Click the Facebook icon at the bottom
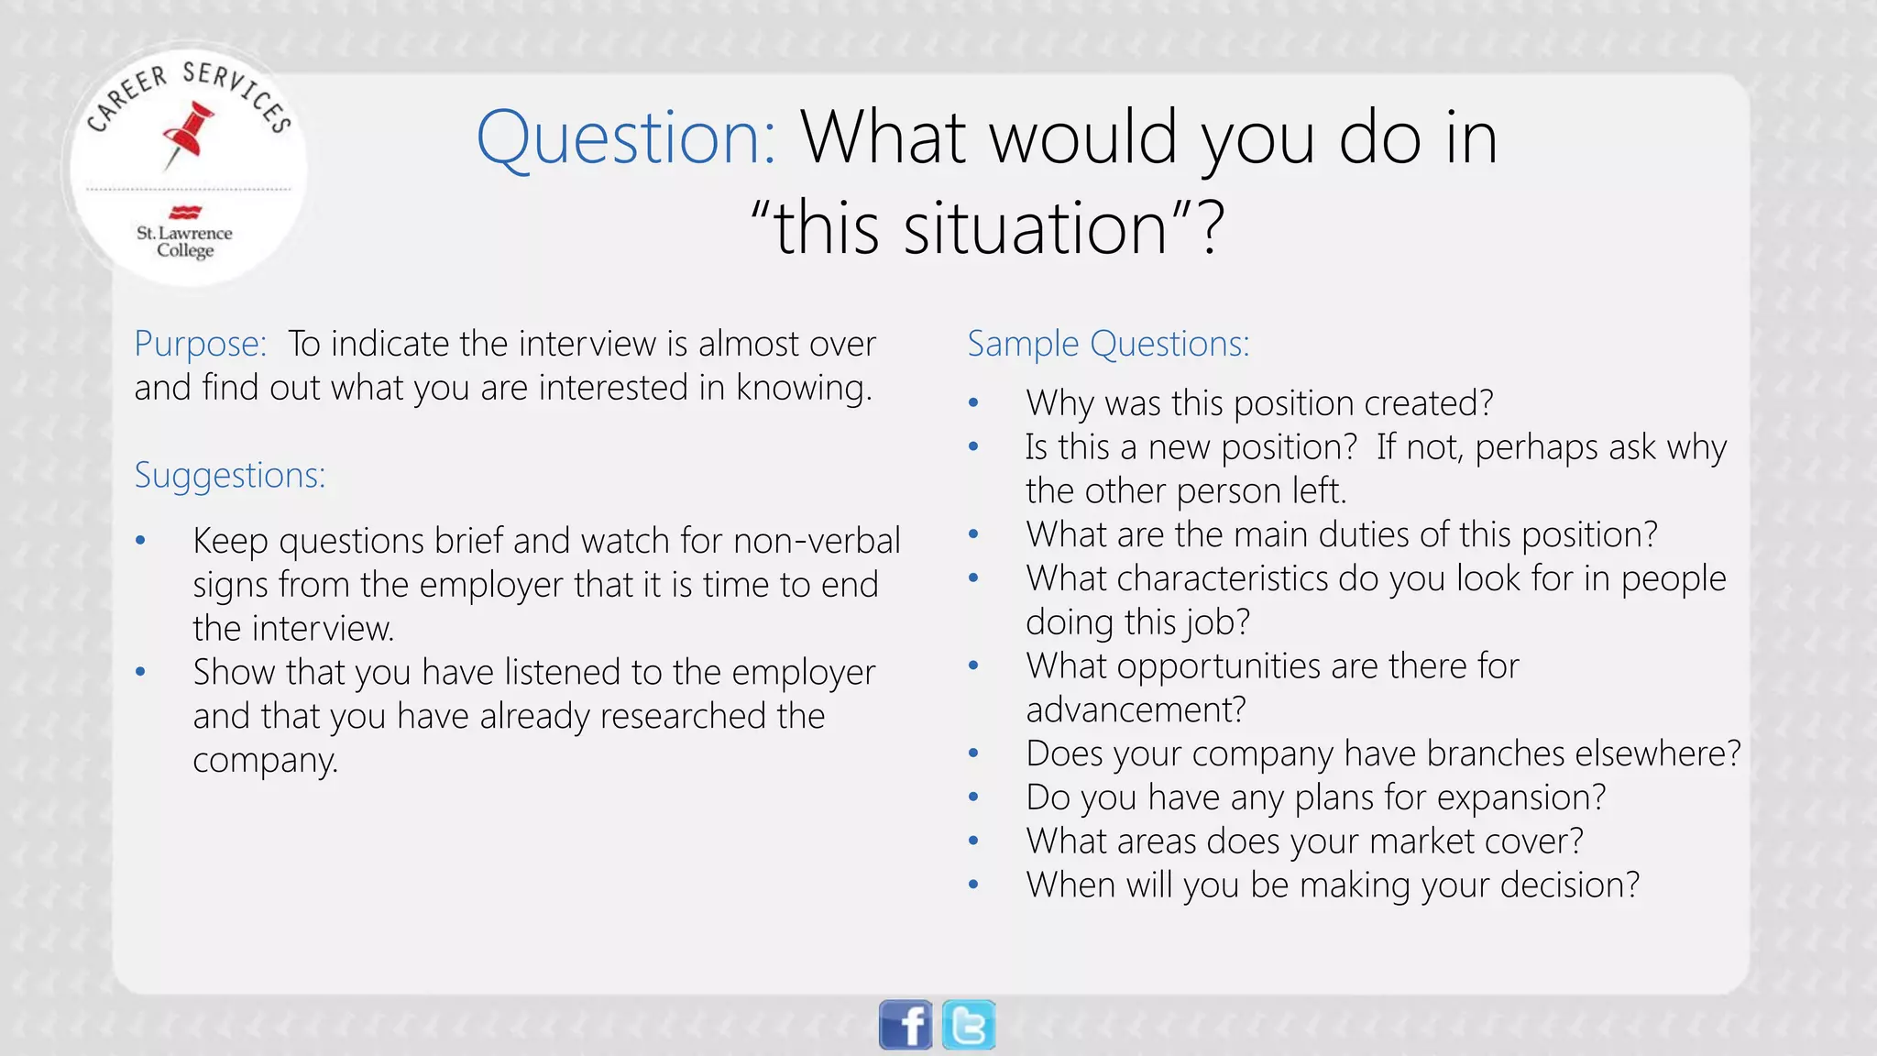[906, 1024]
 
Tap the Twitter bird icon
[969, 1024]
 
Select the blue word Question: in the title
[626, 137]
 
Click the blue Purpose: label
[200, 344]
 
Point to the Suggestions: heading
[230, 475]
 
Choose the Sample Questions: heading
[1108, 344]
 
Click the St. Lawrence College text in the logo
[184, 241]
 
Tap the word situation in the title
[1035, 228]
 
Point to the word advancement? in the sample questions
[1136, 709]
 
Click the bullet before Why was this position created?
[973, 403]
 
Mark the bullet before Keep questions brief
[140, 541]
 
